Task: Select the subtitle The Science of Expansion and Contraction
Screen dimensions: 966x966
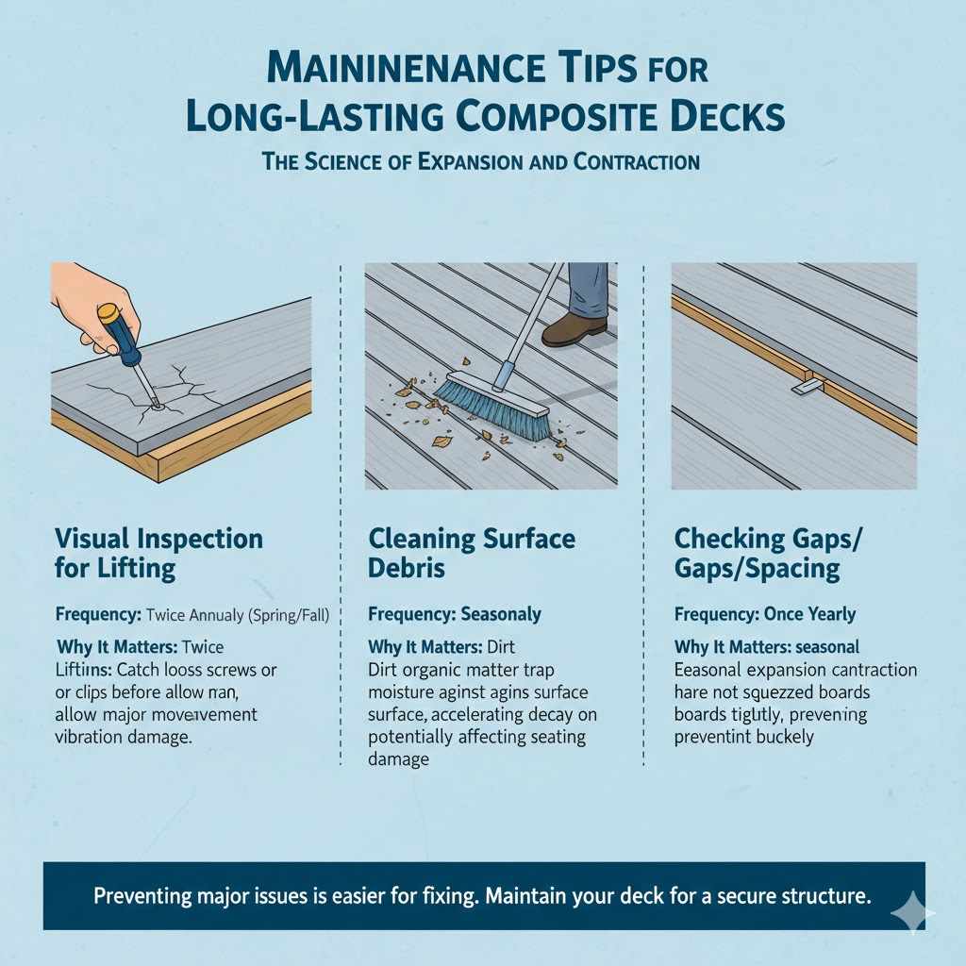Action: pyautogui.click(x=482, y=161)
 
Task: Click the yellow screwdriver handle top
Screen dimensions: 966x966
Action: pyautogui.click(x=108, y=312)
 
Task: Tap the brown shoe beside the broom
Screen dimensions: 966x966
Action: pyautogui.click(x=574, y=329)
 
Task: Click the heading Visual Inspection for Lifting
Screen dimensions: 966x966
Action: pyautogui.click(x=158, y=553)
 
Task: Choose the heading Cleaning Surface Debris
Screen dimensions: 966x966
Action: pyautogui.click(x=471, y=553)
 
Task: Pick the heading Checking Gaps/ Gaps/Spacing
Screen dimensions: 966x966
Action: pyautogui.click(x=769, y=553)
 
